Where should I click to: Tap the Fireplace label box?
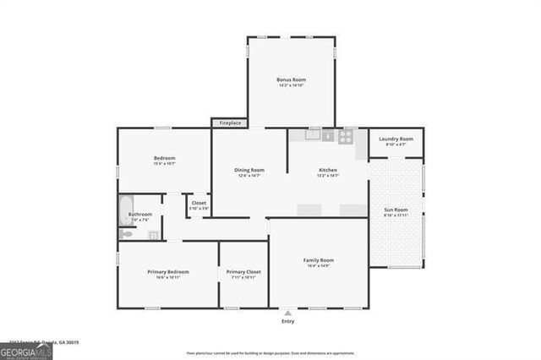(230, 123)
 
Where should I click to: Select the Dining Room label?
(249, 172)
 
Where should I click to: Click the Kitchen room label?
(328, 172)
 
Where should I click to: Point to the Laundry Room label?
(396, 141)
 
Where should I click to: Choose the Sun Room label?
(396, 211)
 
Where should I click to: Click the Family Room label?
(319, 262)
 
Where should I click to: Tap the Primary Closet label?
(243, 274)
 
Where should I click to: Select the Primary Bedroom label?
(168, 274)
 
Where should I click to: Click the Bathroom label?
(140, 216)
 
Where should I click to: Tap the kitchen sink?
(313, 134)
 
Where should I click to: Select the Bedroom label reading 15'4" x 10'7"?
(164, 161)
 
